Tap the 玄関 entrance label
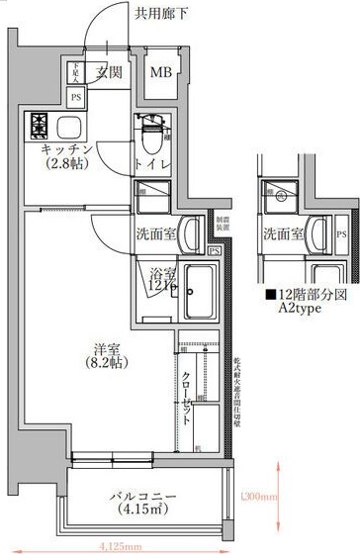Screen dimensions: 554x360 click(x=109, y=74)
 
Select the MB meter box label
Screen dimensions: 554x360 click(x=160, y=74)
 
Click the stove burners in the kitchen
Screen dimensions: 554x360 click(x=42, y=126)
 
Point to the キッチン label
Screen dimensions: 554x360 click(x=67, y=148)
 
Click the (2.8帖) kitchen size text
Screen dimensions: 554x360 click(x=67, y=164)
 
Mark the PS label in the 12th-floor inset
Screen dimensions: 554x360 click(x=340, y=233)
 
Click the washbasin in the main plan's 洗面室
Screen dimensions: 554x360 click(x=195, y=232)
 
